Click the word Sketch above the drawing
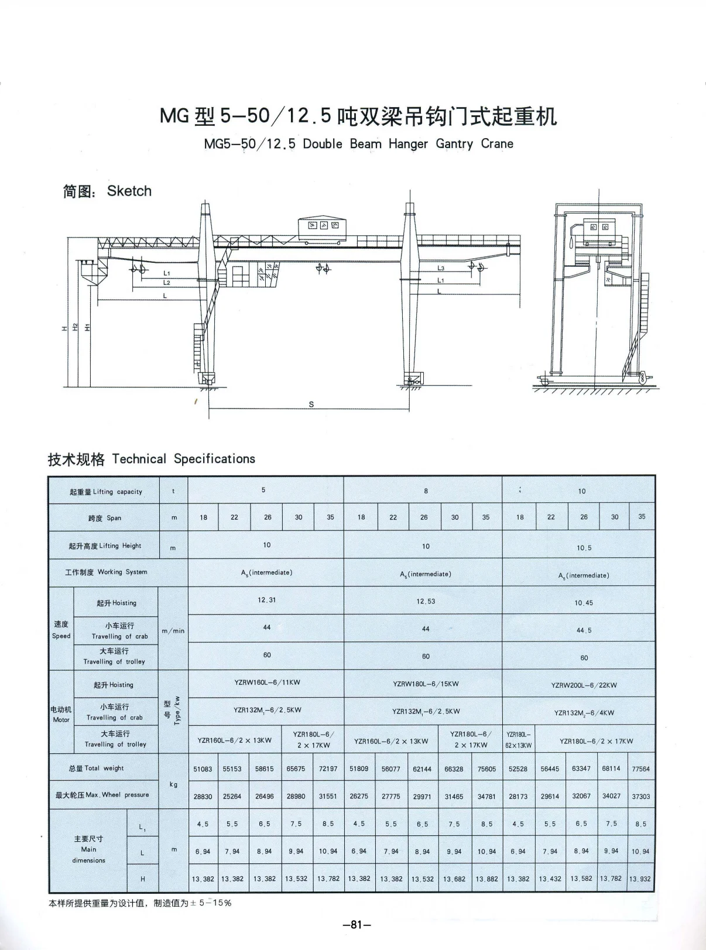pos(129,191)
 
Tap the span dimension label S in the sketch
pos(311,404)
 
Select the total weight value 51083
pos(203,769)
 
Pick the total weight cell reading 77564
pos(640,769)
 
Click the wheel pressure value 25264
pos(232,796)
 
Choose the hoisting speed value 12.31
pos(266,600)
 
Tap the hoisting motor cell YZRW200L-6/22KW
pos(584,685)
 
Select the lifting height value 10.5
pos(584,548)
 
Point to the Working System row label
pos(106,572)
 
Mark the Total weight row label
pos(96,768)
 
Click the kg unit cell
pos(173,784)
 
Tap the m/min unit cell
pos(173,631)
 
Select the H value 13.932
pos(640,879)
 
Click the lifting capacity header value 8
pos(426,491)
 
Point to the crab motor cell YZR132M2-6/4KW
pos(584,713)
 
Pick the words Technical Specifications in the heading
pos(183,459)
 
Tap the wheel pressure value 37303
pos(640,797)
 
